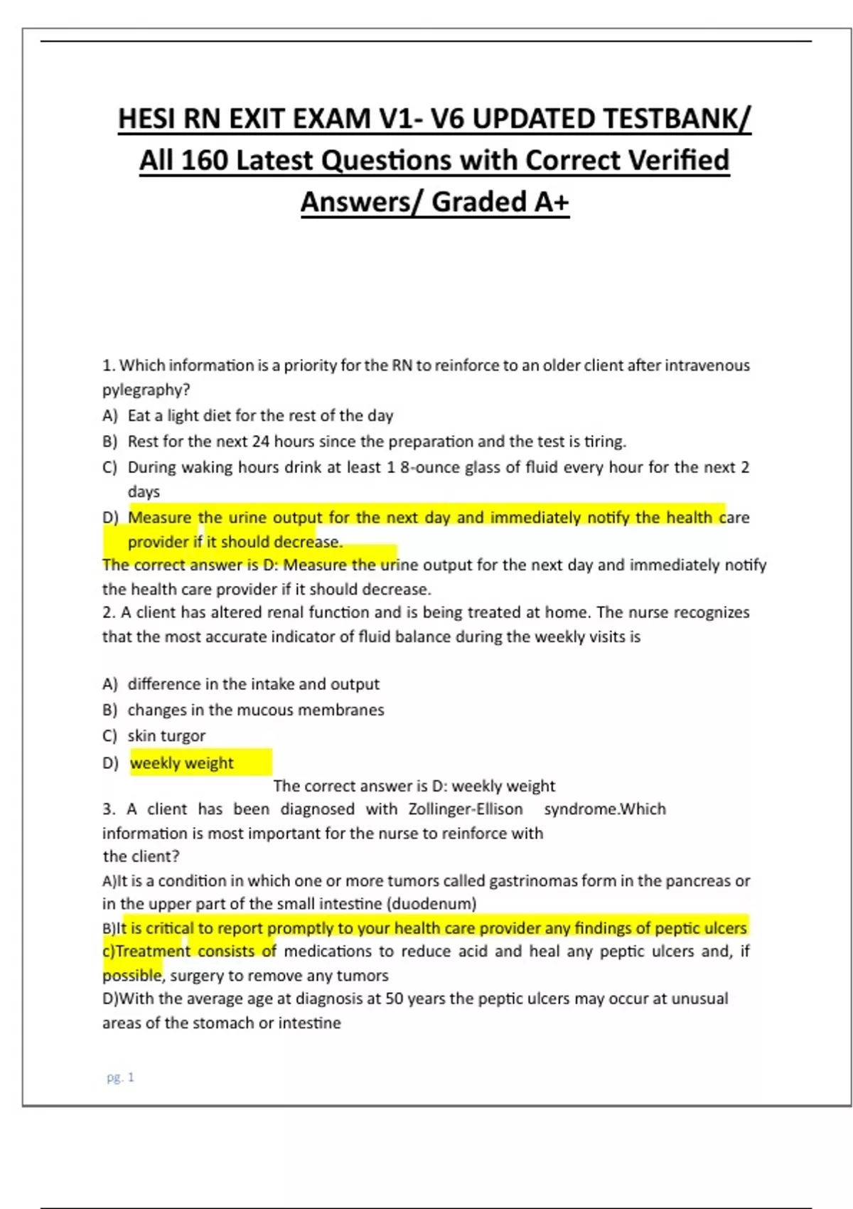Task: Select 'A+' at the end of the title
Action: (551, 202)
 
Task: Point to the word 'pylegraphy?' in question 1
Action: (146, 390)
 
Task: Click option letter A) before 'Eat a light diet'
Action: (109, 415)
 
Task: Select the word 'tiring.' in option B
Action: (605, 442)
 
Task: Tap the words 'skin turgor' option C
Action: (166, 736)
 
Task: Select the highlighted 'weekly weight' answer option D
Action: (182, 763)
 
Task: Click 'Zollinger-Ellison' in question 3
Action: (465, 809)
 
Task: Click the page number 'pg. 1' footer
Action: (120, 1077)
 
